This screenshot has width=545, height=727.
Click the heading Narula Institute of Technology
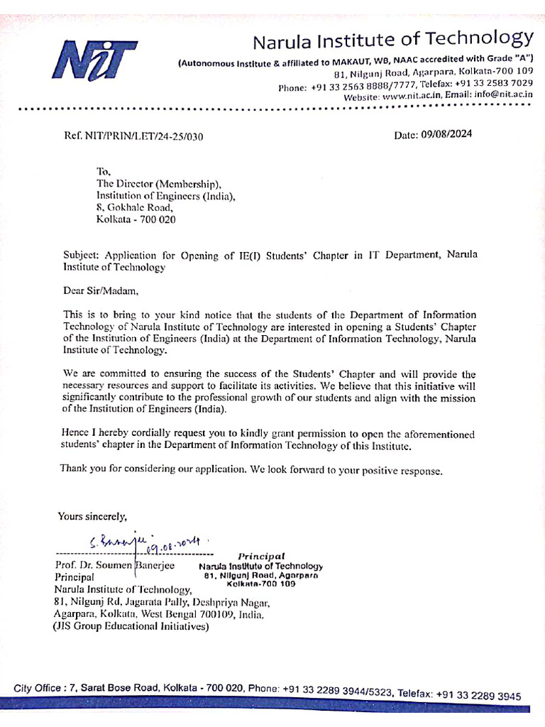392,39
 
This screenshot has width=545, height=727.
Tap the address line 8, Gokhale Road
134,207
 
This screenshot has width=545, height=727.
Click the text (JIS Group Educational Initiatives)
131,627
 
